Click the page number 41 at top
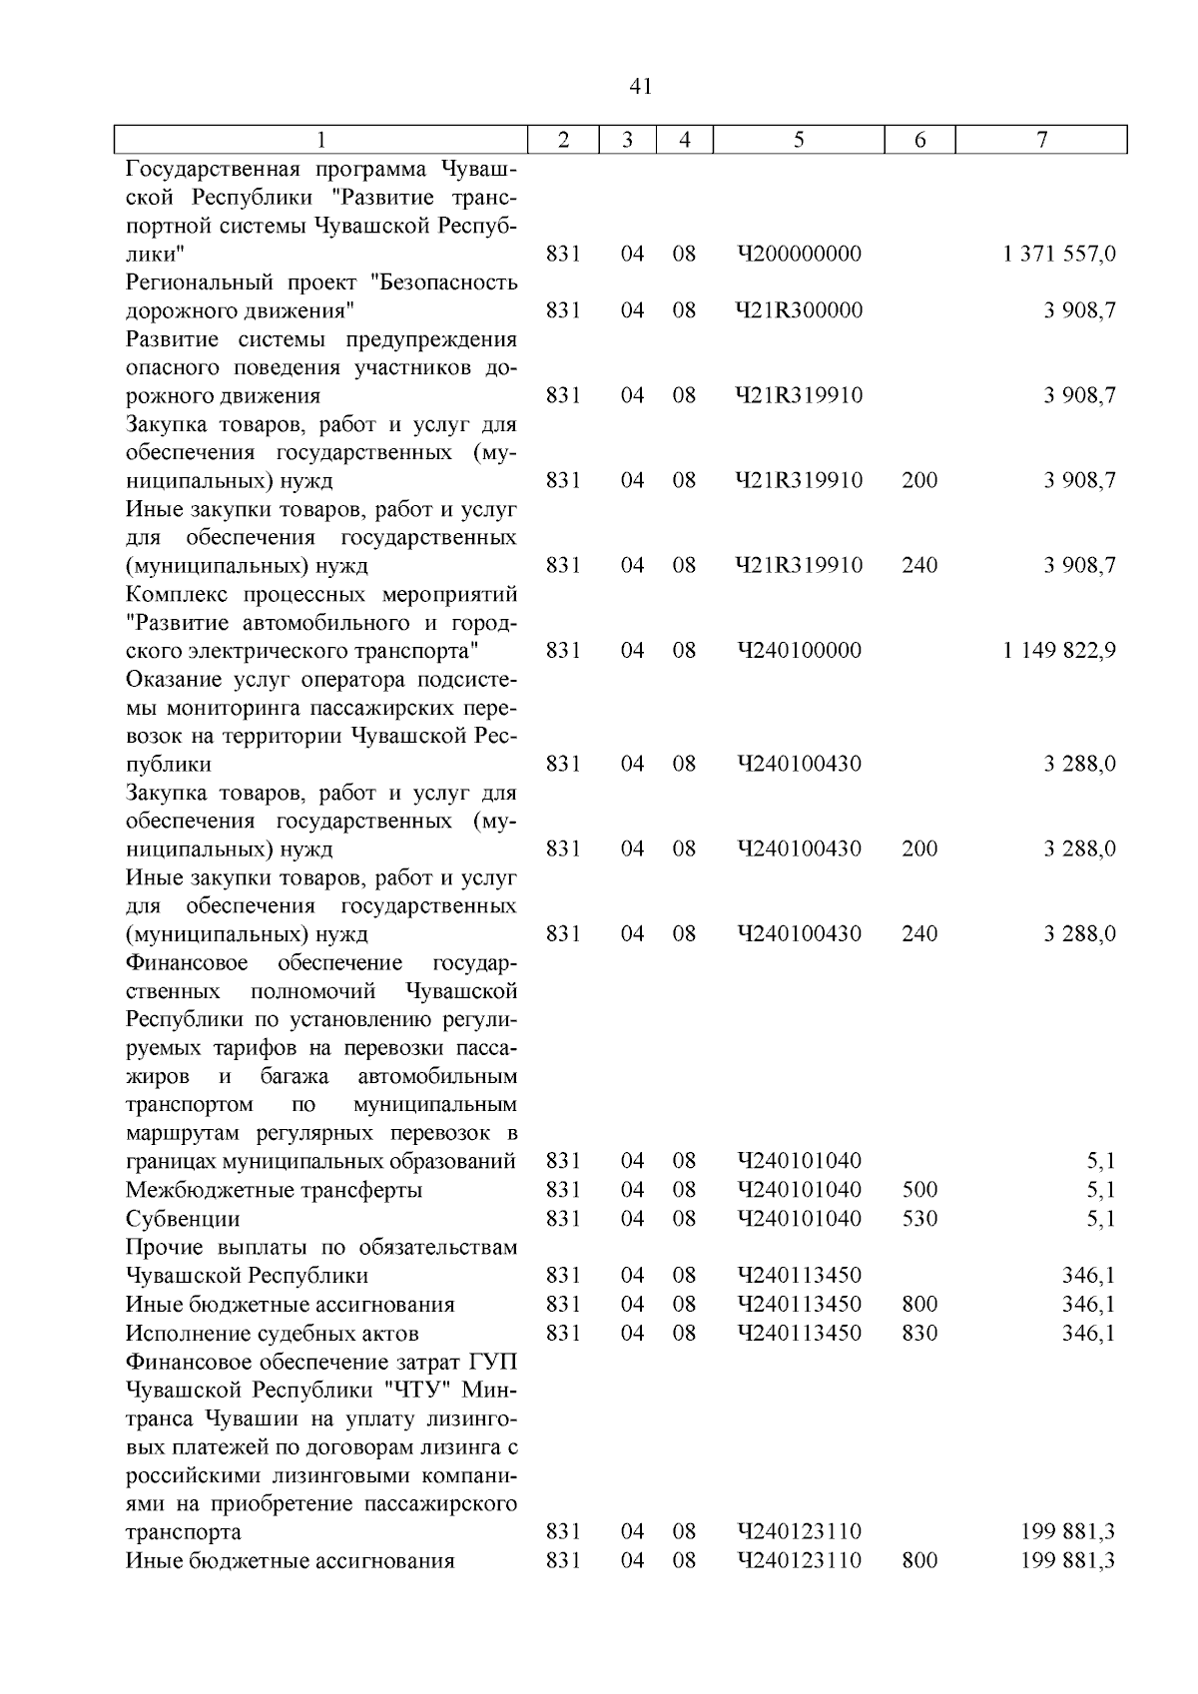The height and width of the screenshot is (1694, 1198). (x=641, y=87)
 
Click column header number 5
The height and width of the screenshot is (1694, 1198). (x=799, y=141)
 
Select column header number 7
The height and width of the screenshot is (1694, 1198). (x=1041, y=141)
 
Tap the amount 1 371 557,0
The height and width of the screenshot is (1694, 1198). (x=1059, y=255)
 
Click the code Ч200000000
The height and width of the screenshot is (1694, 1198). (x=799, y=255)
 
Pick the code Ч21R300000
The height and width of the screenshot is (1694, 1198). (x=799, y=310)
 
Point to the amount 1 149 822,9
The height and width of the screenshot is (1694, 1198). (x=1059, y=651)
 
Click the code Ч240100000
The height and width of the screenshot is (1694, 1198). (x=799, y=651)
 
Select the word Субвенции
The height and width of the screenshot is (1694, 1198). (x=183, y=1220)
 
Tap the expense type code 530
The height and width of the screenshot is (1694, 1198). (x=919, y=1219)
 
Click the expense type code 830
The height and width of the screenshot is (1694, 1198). (x=919, y=1334)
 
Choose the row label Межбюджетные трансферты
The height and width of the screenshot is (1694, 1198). (x=274, y=1191)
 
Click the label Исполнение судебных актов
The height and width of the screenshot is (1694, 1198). (x=272, y=1334)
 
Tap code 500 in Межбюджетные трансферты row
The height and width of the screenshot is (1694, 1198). (x=919, y=1190)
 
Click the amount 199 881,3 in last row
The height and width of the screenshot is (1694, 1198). (x=1068, y=1560)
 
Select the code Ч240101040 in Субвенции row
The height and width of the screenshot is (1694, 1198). (x=799, y=1219)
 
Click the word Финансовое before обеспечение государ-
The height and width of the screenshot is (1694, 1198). (x=187, y=963)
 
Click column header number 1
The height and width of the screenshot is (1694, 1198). (x=320, y=141)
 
